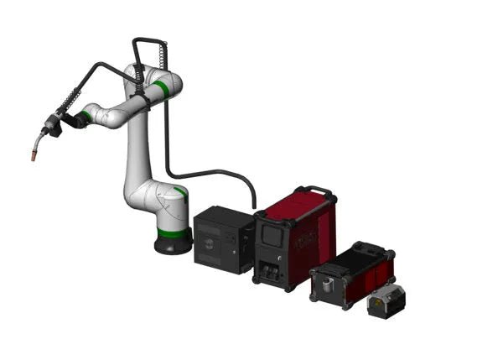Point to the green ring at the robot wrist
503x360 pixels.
click(86, 116)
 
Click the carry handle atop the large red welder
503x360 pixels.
click(317, 191)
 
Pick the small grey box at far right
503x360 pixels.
click(386, 300)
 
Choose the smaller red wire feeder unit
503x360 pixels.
click(352, 274)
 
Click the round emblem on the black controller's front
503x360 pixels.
click(204, 247)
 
